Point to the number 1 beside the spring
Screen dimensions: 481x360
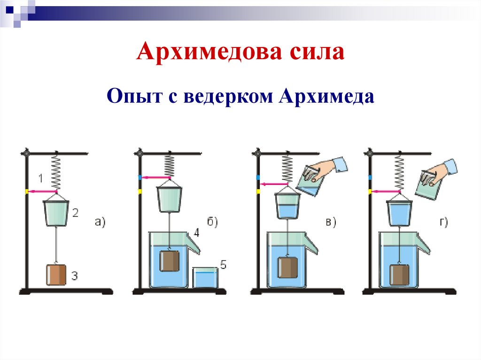(41, 178)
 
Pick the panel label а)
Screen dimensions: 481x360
(100, 222)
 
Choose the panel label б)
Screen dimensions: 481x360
(212, 222)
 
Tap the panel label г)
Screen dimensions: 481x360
(444, 222)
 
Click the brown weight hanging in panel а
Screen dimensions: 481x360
(56, 275)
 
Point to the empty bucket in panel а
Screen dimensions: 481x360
(56, 212)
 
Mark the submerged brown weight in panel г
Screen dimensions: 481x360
(400, 275)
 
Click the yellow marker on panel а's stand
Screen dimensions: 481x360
(27, 191)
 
